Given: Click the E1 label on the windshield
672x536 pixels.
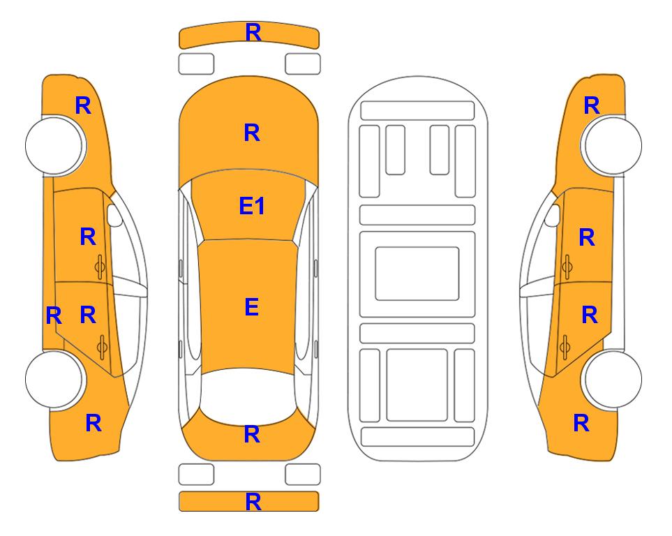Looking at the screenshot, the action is pos(252,206).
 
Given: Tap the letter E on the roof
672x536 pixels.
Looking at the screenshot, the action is pos(252,307).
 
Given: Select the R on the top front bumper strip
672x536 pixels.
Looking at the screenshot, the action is pos(253,33).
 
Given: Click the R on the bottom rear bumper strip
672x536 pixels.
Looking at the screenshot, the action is pos(253,502).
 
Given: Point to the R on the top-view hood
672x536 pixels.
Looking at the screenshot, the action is pos(252,133).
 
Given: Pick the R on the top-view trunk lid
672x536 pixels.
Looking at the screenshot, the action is pos(252,434).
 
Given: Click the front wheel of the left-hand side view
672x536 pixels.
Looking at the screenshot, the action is pos(54,145).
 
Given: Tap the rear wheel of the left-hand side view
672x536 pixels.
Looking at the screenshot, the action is pos(54,379).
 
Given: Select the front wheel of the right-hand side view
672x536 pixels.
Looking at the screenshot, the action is pos(613,145).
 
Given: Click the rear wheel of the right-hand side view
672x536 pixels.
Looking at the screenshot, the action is pos(613,379).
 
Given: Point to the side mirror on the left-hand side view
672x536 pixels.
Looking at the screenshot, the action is pos(114,215).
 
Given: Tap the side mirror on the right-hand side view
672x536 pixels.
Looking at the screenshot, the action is pos(553,215).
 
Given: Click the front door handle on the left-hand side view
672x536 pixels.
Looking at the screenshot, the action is pos(100,267).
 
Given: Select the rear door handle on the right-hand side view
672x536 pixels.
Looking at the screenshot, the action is pos(565,347).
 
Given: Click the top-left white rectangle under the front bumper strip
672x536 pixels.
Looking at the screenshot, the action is pos(196,64).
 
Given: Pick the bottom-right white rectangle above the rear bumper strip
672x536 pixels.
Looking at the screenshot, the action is pos(303,475).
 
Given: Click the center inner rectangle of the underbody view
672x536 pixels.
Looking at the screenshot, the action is pos(417,274).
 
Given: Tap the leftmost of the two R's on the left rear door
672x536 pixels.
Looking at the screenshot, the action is pos(54,316).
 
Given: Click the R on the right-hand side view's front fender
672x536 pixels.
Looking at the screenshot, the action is pos(592,105).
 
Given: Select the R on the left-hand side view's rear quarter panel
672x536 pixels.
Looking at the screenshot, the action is pos(94,423).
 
